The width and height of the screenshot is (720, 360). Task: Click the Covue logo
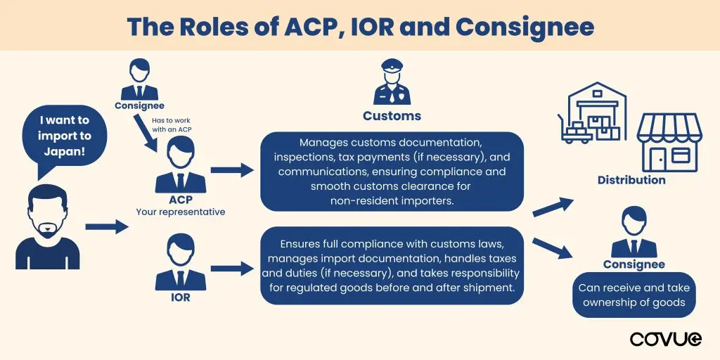(x=665, y=339)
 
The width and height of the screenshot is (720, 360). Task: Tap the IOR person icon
(x=180, y=264)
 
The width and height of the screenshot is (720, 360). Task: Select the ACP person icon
(x=180, y=164)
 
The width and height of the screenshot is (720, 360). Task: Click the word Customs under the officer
(x=392, y=116)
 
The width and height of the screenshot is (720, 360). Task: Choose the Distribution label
(x=631, y=180)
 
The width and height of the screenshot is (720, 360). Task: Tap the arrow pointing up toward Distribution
(x=552, y=207)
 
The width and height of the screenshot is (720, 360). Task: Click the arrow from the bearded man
(x=106, y=226)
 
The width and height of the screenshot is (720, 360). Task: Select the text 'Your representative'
(x=181, y=212)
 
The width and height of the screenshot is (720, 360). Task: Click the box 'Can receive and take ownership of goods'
(x=634, y=295)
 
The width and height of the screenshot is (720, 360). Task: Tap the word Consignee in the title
(x=525, y=27)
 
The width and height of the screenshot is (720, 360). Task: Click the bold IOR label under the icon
(x=180, y=297)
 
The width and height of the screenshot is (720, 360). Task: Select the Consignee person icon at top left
(x=139, y=80)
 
